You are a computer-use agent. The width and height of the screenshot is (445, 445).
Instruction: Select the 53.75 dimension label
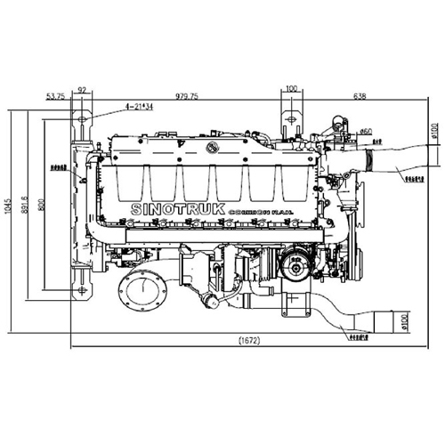[54, 96]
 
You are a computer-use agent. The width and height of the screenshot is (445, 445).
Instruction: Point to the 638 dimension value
[360, 96]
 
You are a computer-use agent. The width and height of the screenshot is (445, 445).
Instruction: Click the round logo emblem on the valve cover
[213, 147]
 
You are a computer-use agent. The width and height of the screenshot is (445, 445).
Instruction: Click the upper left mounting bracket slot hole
[82, 120]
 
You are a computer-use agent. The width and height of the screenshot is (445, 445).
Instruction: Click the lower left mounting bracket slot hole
[82, 289]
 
